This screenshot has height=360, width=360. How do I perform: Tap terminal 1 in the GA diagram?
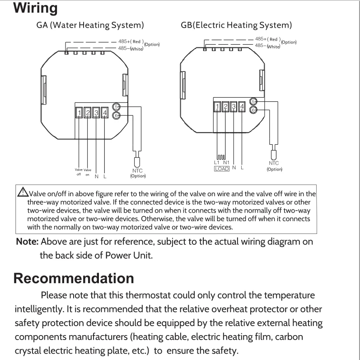click(x=79, y=112)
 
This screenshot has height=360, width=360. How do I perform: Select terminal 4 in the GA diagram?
click(x=105, y=112)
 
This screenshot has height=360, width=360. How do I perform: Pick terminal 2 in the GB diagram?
click(x=225, y=107)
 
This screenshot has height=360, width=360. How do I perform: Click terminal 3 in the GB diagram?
click(x=234, y=107)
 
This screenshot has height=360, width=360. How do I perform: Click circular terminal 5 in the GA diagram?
click(x=117, y=107)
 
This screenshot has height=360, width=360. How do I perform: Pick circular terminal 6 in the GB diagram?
click(x=253, y=109)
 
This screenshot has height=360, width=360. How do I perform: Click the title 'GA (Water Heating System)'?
click(x=90, y=24)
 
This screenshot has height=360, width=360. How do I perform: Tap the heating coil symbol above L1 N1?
click(x=220, y=156)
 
